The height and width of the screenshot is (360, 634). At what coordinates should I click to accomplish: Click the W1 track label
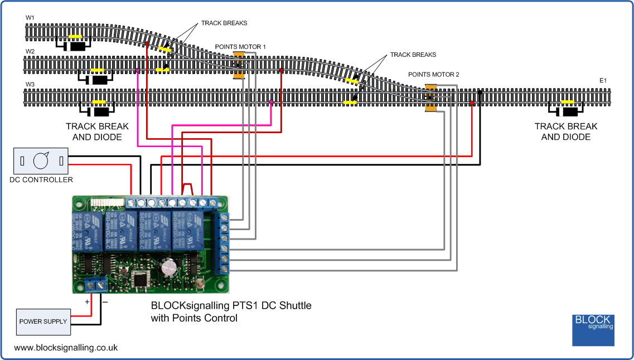click(x=30, y=18)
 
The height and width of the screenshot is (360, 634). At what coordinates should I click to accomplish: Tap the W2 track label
click(x=30, y=52)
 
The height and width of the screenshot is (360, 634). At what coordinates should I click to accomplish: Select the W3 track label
click(x=30, y=85)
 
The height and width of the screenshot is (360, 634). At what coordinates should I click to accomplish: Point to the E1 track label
click(x=603, y=81)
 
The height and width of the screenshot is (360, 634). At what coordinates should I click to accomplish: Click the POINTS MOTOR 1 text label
click(x=240, y=47)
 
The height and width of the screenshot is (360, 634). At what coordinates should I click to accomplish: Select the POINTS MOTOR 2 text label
click(x=434, y=74)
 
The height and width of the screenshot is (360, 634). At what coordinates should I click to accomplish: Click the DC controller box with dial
click(x=40, y=161)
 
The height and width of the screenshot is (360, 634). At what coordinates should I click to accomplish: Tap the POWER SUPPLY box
click(x=43, y=322)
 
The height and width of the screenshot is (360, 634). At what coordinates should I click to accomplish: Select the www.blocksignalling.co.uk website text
click(x=66, y=347)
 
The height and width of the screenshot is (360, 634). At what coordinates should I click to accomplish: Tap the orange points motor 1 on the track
click(x=239, y=65)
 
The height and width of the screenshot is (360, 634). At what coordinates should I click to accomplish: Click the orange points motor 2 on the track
click(x=430, y=98)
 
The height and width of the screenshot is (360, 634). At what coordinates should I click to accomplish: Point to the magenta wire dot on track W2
click(x=138, y=71)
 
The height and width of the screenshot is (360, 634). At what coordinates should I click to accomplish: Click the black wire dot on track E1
click(x=480, y=90)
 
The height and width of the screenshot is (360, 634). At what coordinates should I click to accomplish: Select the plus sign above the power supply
click(x=86, y=301)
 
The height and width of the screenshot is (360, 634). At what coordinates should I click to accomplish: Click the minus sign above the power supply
click(x=105, y=301)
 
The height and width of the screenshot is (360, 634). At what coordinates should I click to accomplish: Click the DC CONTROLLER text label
click(x=41, y=180)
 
